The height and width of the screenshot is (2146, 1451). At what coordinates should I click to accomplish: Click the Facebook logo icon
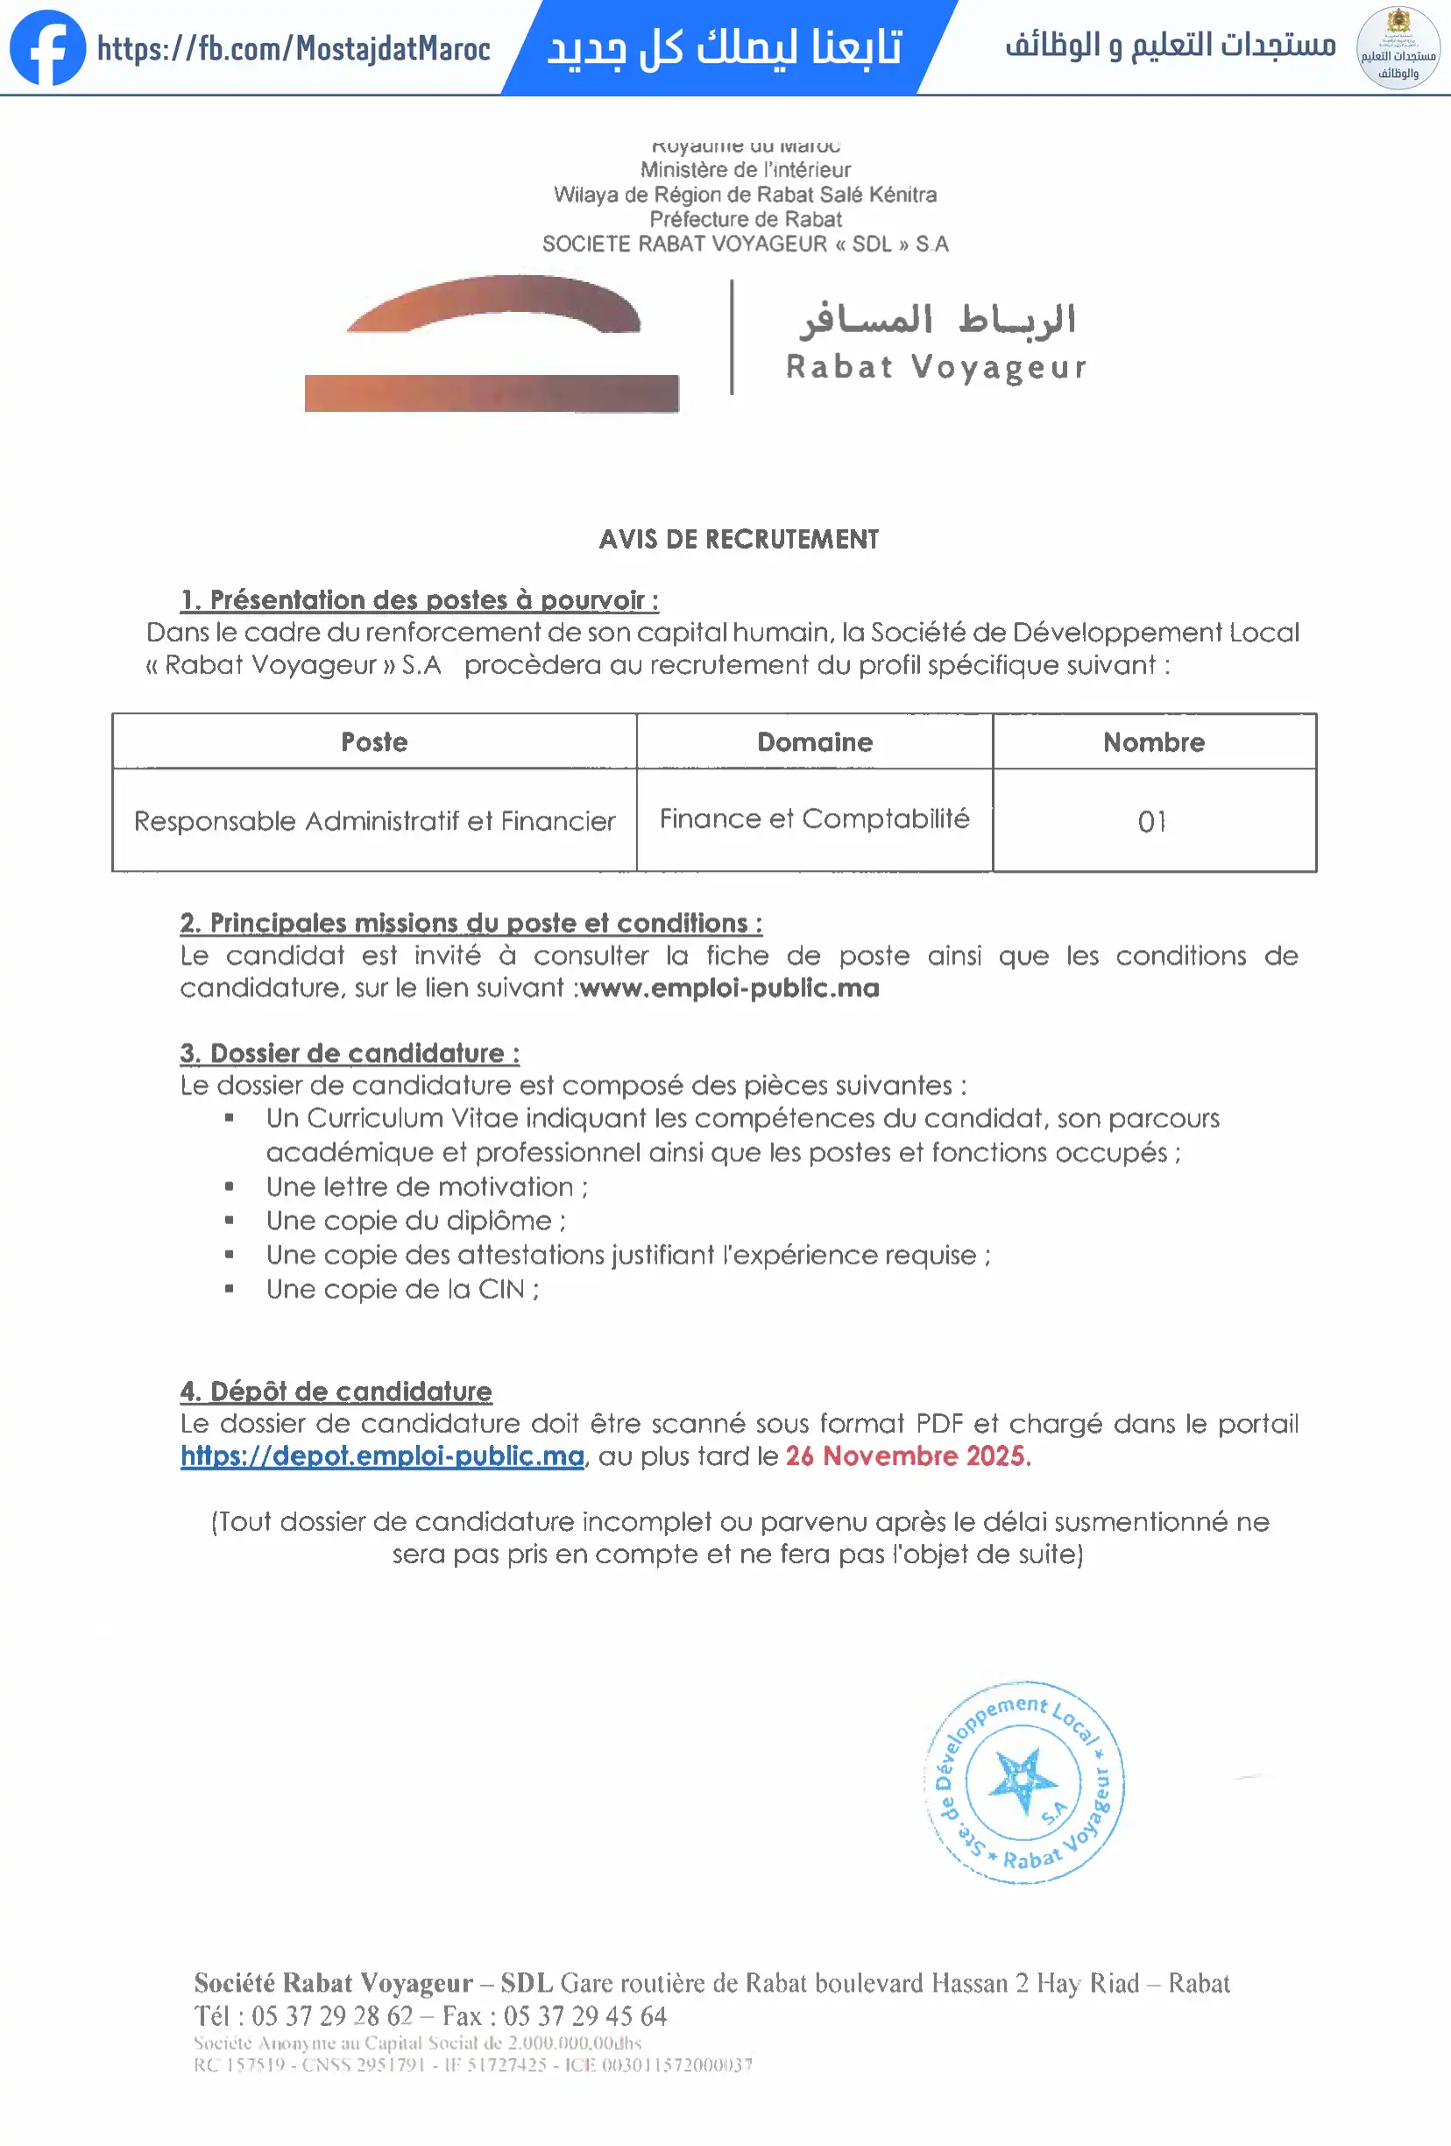[47, 48]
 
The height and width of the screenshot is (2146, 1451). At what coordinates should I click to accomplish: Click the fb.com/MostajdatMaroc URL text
[294, 48]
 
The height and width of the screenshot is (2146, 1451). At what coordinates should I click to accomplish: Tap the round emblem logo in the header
[1398, 48]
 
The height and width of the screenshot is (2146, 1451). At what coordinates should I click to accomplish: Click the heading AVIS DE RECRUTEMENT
[739, 539]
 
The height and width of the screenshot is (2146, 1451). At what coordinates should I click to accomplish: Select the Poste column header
[374, 741]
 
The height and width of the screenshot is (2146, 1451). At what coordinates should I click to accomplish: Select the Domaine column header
[815, 741]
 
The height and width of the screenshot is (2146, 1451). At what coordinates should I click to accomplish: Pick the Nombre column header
[1154, 741]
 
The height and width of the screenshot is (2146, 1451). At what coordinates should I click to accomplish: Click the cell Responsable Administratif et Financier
[374, 821]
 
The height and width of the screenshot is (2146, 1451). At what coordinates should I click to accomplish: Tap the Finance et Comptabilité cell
[815, 818]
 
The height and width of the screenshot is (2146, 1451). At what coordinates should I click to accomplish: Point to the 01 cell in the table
[1151, 821]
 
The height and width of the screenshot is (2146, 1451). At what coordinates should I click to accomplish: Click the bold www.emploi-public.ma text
[730, 988]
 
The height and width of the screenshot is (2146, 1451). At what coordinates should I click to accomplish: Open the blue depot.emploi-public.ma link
[382, 1456]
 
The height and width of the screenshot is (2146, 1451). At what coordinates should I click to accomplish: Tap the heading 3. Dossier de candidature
[350, 1052]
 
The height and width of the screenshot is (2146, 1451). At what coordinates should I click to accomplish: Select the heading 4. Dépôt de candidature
[336, 1391]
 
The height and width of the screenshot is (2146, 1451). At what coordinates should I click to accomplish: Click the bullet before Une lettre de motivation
[229, 1186]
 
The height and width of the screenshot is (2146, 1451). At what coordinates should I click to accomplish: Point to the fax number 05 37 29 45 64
[584, 2015]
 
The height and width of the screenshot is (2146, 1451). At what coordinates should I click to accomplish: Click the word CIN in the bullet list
[500, 1289]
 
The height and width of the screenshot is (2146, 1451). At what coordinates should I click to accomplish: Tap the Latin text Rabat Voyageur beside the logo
[936, 366]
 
